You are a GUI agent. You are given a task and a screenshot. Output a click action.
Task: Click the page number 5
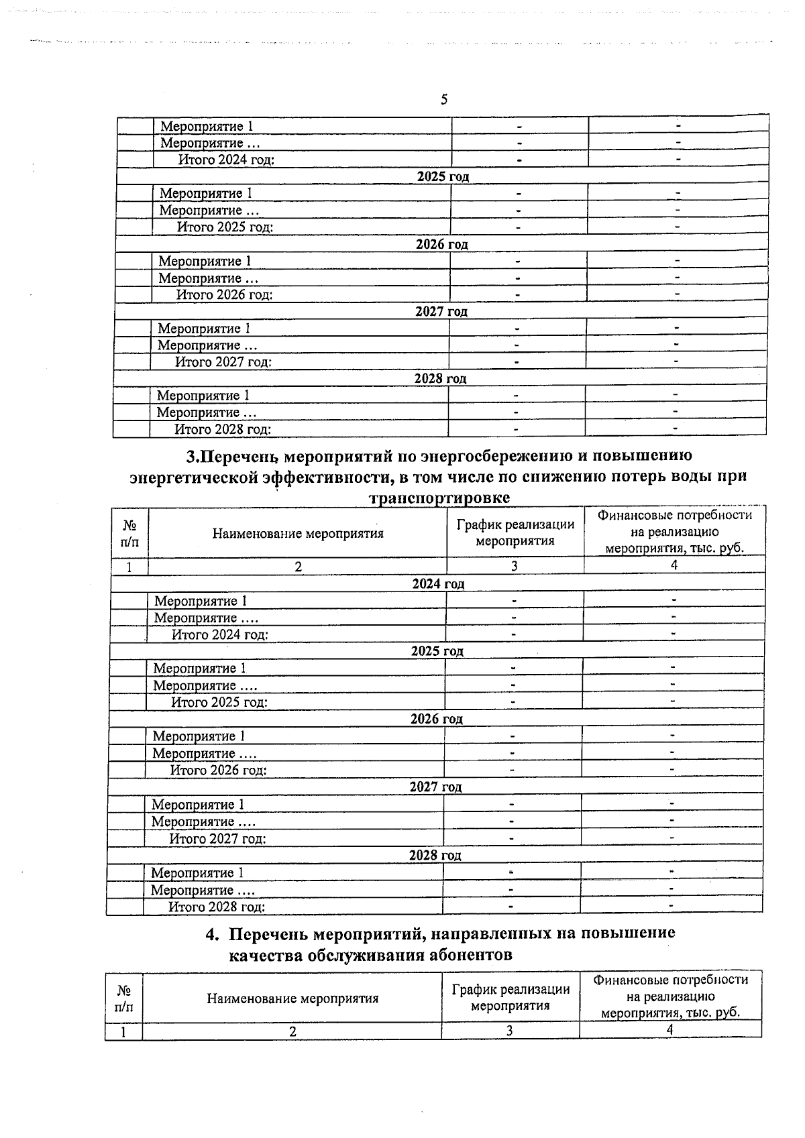click(443, 101)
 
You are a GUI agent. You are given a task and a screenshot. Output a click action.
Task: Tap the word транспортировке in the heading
click(439, 498)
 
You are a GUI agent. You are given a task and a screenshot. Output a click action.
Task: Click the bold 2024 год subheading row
click(437, 583)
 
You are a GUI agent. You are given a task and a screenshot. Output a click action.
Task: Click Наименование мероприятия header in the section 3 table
click(298, 534)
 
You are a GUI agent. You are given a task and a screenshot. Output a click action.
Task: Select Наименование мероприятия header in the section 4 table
click(292, 999)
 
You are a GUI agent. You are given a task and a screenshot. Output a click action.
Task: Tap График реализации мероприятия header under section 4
click(511, 997)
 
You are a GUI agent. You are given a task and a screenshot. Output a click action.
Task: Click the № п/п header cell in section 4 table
click(123, 999)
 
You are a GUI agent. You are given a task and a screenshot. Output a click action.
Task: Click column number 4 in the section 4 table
click(669, 1029)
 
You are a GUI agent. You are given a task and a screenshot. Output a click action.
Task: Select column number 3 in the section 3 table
click(514, 566)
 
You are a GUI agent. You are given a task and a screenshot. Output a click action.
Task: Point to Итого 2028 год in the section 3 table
click(217, 907)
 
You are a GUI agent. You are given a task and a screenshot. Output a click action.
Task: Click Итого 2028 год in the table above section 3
click(223, 429)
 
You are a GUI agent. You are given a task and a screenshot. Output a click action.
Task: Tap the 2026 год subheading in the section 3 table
click(436, 719)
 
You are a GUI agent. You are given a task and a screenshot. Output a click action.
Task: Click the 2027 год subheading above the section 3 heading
click(441, 311)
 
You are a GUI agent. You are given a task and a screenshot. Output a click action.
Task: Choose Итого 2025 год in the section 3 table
click(219, 702)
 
